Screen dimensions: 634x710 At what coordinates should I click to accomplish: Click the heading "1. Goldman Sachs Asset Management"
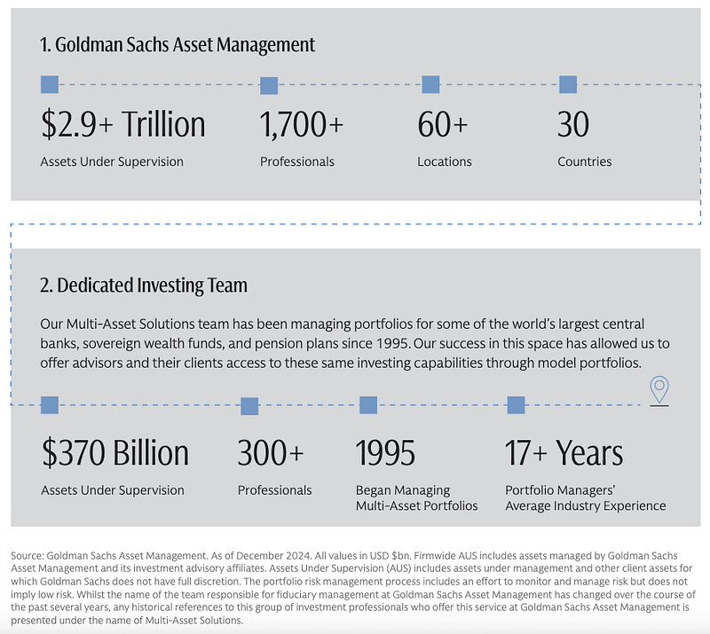tap(177, 44)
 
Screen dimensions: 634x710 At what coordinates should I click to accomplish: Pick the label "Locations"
tap(445, 162)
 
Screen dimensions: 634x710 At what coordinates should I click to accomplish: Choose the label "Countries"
tap(584, 162)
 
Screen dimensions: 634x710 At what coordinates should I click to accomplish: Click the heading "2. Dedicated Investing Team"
tap(144, 286)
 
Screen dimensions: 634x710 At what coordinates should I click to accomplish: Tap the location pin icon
tap(659, 389)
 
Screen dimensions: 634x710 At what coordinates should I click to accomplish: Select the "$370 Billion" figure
tap(115, 453)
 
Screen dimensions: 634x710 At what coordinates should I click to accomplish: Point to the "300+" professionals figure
tap(270, 453)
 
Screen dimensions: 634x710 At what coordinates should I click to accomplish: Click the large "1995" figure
tap(385, 453)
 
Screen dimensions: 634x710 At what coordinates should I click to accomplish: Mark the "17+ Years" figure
tap(564, 453)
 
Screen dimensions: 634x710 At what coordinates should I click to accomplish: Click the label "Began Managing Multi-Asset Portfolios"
tap(416, 497)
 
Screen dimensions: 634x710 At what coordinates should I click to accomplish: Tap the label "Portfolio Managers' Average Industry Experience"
tap(585, 497)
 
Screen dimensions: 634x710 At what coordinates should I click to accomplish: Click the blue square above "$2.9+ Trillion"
tap(50, 85)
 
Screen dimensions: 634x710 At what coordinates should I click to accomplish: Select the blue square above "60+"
tap(430, 85)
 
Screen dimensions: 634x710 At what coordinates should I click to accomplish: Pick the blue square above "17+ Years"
tap(516, 405)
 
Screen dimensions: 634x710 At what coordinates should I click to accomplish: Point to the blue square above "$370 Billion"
tap(50, 405)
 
